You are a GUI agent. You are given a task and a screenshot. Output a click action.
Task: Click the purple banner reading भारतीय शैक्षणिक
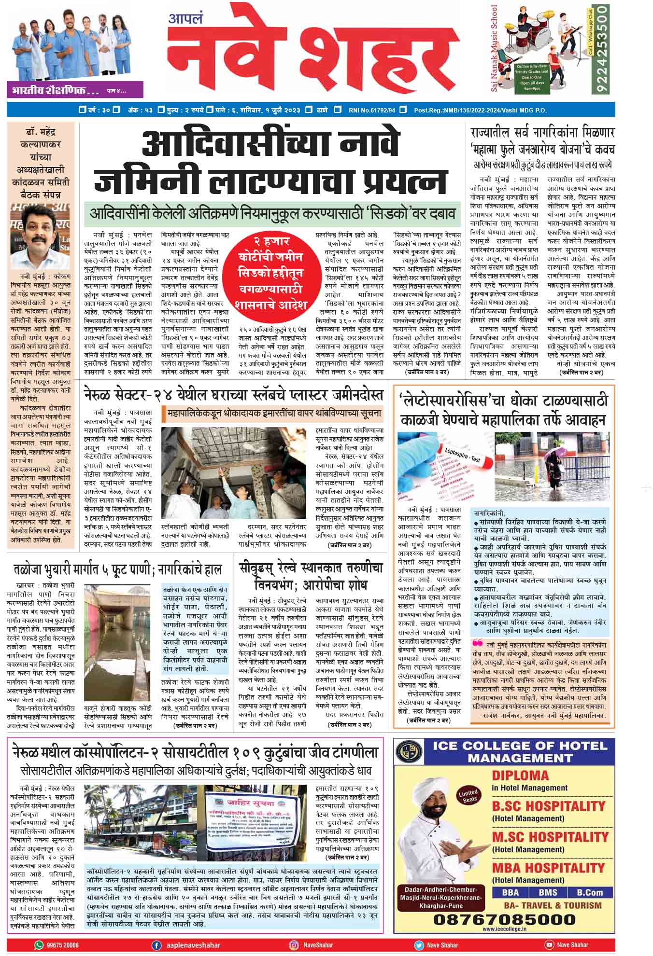pos(74,90)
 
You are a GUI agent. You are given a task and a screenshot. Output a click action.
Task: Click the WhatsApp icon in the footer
pos(39,945)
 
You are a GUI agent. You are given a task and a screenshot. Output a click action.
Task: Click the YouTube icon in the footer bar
pos(549,945)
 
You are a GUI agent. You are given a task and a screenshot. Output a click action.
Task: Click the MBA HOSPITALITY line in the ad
pos(548,868)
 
